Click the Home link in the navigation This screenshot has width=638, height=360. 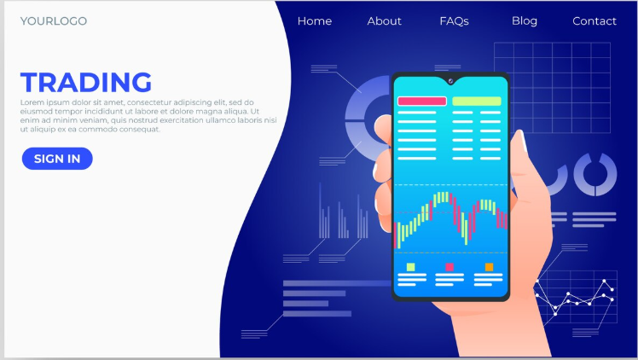coord(315,21)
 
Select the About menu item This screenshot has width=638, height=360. coord(384,21)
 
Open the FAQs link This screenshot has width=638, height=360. coord(454,21)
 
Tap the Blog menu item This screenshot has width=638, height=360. coord(525,21)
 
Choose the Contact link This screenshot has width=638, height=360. coord(594,21)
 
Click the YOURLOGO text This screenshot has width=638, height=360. coord(54,21)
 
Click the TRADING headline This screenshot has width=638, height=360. coord(86,83)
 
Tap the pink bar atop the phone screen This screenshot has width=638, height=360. coord(422,101)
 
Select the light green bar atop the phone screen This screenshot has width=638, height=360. coord(477,101)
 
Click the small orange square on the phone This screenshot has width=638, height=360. coord(489,267)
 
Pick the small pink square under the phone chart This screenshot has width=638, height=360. coord(449,267)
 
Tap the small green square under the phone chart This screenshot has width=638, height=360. coord(410,267)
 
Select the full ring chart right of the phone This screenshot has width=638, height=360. coord(594,174)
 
